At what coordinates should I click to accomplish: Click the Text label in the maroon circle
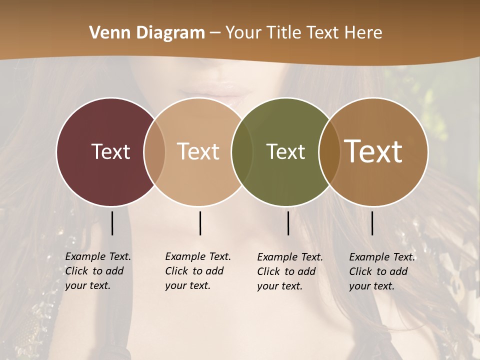click(110, 151)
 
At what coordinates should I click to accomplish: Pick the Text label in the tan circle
click(198, 151)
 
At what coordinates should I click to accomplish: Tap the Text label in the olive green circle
click(285, 151)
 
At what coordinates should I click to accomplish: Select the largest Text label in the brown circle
click(373, 151)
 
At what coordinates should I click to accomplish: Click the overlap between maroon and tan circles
click(154, 151)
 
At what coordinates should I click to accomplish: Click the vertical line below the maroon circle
click(112, 223)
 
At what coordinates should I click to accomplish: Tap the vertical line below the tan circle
click(200, 223)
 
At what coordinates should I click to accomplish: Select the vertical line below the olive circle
click(288, 223)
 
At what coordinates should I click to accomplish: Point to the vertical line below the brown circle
click(372, 223)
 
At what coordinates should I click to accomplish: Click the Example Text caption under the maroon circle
click(97, 271)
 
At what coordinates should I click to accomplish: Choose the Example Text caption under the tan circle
click(197, 271)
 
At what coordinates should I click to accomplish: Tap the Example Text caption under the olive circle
click(289, 271)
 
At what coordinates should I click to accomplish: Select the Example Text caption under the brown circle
click(381, 271)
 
